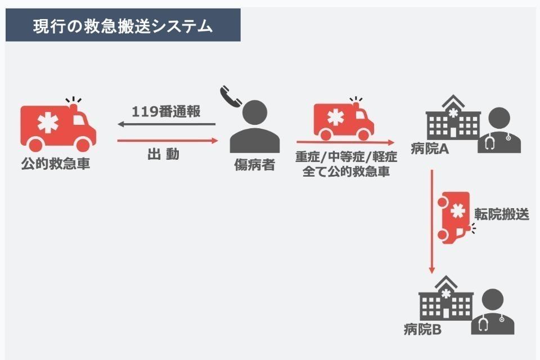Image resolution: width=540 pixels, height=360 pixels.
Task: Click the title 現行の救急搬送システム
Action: click(123, 26)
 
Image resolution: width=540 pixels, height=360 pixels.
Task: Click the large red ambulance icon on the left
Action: click(57, 128)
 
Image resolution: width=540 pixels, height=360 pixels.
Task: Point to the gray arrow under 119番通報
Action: click(167, 124)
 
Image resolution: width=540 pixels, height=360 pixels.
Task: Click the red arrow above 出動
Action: click(167, 141)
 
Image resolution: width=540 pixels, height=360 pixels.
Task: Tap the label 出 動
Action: click(164, 155)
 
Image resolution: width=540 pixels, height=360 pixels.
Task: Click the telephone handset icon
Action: click(231, 96)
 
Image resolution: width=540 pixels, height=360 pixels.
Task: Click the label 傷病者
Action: click(254, 165)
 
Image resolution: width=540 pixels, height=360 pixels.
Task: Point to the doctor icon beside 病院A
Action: click(499, 131)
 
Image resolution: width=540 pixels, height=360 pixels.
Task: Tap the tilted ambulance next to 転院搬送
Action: click(456, 217)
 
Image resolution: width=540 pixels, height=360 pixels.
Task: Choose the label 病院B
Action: click(423, 330)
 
